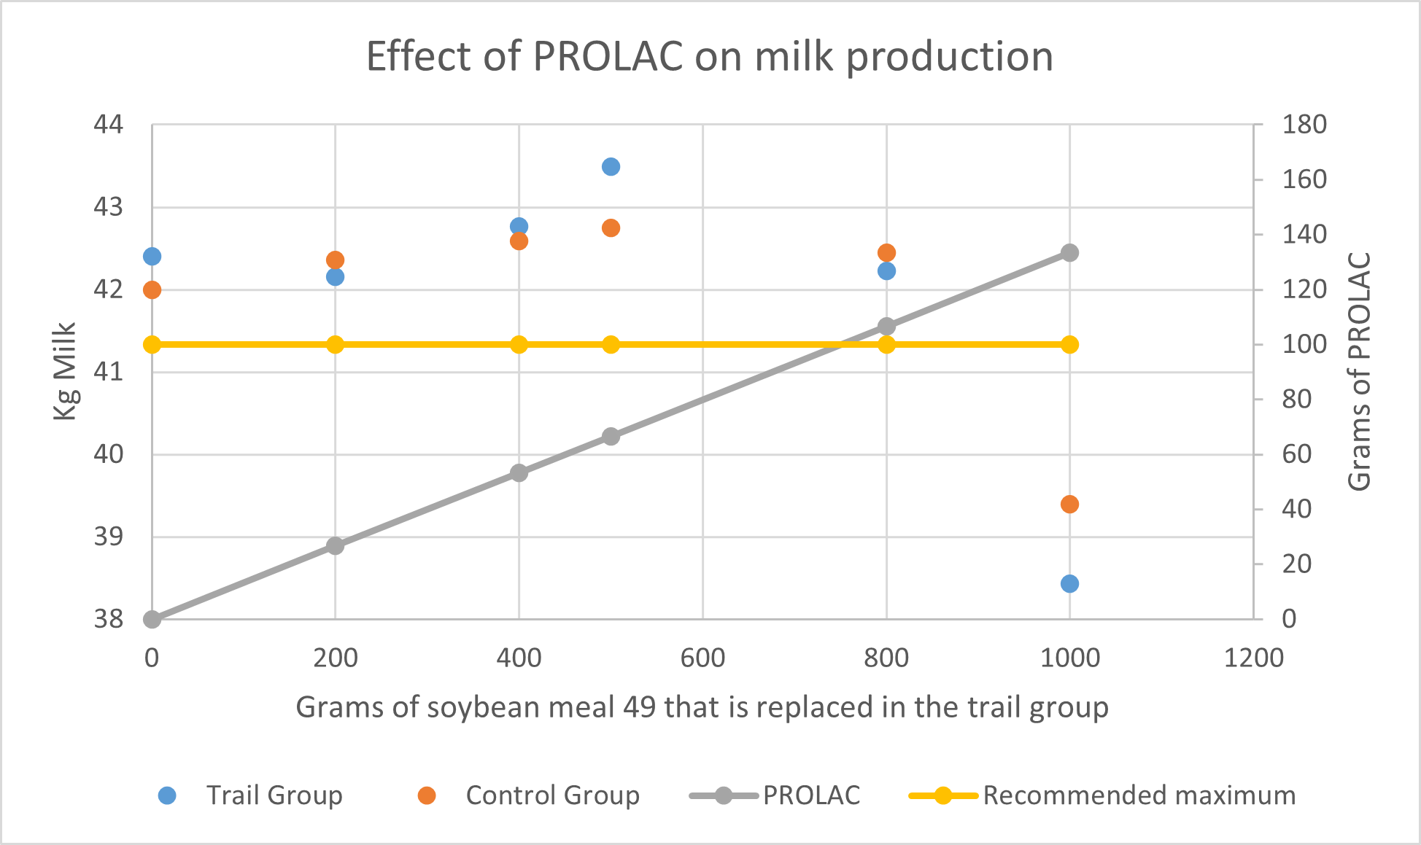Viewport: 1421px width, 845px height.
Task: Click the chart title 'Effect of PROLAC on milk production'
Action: click(x=709, y=57)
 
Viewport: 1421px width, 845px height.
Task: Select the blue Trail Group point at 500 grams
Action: click(x=611, y=167)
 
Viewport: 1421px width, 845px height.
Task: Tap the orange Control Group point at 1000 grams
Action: click(x=1069, y=505)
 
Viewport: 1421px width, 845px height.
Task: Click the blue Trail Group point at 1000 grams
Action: click(x=1069, y=584)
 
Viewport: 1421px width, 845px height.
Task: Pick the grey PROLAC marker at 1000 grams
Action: click(x=1069, y=253)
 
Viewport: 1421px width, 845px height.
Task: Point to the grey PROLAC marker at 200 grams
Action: click(x=335, y=546)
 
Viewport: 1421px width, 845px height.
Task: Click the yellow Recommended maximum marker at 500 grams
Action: click(x=611, y=345)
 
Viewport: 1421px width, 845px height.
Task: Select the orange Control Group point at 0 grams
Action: click(x=152, y=290)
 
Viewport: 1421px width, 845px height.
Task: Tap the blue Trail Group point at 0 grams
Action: click(x=152, y=257)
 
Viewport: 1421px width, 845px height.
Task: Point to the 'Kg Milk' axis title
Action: click(x=65, y=372)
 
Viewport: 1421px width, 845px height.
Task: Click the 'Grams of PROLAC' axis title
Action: click(x=1359, y=372)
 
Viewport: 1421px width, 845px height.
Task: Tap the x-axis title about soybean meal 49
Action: click(x=702, y=708)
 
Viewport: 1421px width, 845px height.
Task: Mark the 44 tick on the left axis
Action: click(x=109, y=125)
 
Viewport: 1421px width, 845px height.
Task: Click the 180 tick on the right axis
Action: click(x=1304, y=125)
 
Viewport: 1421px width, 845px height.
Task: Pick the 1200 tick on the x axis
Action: click(x=1253, y=658)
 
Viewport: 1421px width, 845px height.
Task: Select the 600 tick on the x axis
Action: click(x=702, y=658)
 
